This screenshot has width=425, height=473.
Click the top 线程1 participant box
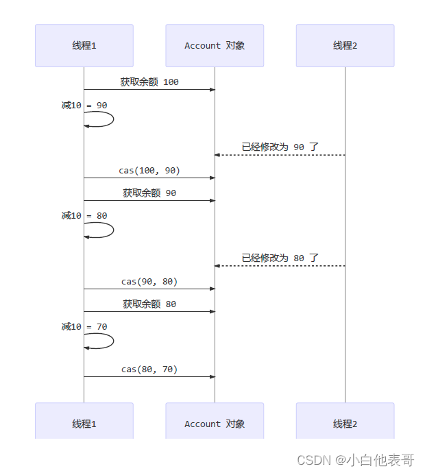click(x=84, y=46)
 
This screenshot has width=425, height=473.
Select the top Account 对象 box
click(x=215, y=46)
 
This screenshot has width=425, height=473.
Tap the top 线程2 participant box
click(x=345, y=46)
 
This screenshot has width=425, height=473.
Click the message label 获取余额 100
click(x=149, y=82)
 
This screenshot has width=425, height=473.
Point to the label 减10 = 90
click(x=84, y=105)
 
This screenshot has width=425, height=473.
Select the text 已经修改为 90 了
click(x=280, y=147)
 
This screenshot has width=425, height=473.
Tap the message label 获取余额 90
click(x=149, y=193)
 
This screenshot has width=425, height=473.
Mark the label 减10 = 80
click(x=84, y=215)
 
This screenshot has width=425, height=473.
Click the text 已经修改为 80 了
click(x=280, y=258)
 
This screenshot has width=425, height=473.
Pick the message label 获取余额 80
click(x=149, y=304)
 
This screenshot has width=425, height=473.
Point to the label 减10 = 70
click(x=84, y=326)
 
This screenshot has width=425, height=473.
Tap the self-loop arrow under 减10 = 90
click(x=103, y=119)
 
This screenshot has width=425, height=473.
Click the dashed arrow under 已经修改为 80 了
click(x=280, y=266)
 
